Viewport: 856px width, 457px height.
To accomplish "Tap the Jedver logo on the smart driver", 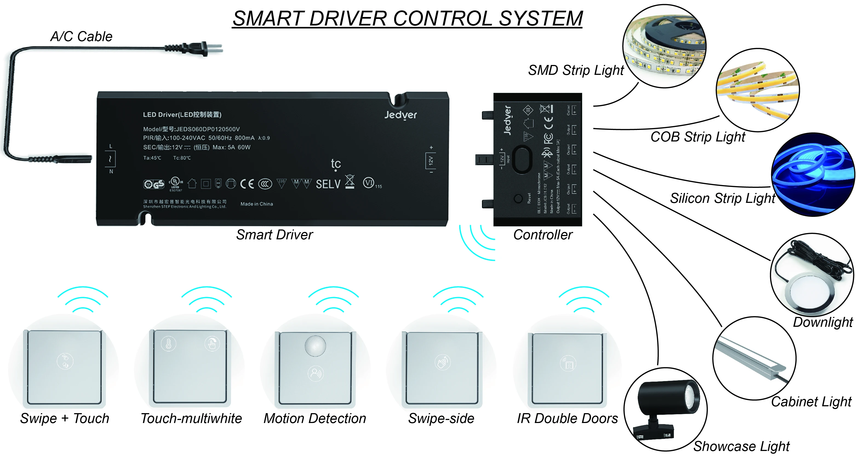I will click(x=400, y=115).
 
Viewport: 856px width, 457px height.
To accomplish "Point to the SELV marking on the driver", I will click(x=328, y=184).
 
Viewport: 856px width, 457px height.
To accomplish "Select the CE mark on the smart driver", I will click(x=247, y=184).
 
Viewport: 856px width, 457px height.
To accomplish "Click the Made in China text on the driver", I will click(x=257, y=204).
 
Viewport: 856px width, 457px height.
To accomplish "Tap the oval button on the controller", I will click(x=522, y=159).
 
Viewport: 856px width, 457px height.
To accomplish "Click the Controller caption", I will click(x=543, y=235).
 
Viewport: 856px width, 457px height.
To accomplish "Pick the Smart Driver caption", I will click(x=274, y=235).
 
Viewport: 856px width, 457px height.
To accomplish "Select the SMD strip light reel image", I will click(x=664, y=47).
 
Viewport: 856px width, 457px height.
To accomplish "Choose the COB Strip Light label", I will click(x=698, y=137).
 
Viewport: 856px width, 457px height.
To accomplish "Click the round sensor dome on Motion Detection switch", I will click(x=315, y=346).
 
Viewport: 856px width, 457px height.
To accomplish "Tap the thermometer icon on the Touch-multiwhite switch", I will click(x=168, y=344).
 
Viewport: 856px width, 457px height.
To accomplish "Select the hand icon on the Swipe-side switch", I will click(x=442, y=362).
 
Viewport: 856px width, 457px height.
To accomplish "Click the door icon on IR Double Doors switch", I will click(x=568, y=364).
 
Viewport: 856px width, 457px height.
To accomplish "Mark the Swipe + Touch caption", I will click(x=65, y=418).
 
